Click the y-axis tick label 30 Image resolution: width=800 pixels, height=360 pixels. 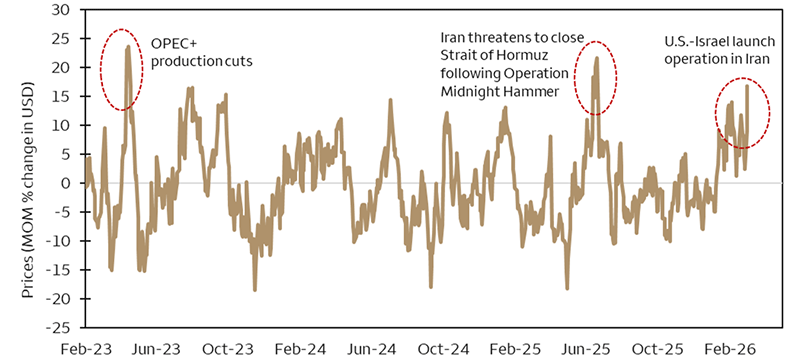pos(61,10)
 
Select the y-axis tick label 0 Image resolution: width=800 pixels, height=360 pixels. pos(66,184)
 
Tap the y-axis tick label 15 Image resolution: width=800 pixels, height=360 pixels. pos(62,97)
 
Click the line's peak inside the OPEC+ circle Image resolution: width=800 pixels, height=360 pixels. pos(128,46)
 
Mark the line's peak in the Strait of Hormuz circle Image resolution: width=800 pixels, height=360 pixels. pos(597,58)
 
